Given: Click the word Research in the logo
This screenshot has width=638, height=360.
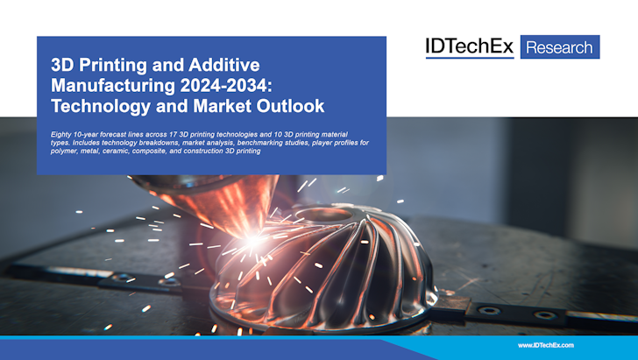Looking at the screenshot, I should [560, 46].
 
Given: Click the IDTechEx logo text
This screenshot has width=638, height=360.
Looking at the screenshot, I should [469, 46].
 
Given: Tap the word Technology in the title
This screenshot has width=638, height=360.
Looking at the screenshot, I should [96, 107].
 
